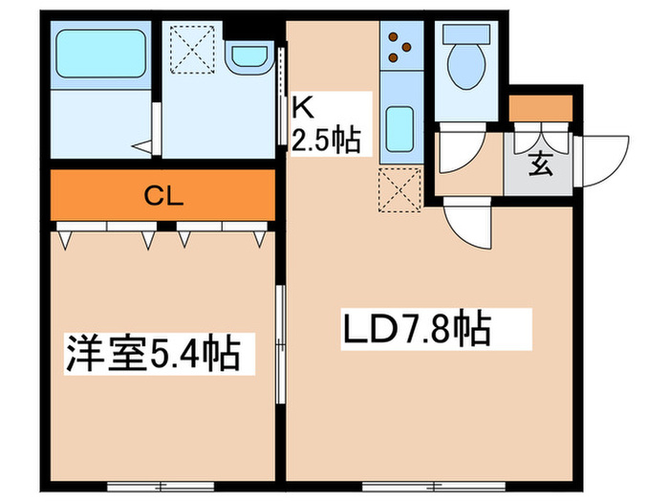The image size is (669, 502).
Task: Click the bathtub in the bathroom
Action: click(x=101, y=54)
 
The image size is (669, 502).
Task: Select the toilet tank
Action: click(x=466, y=33)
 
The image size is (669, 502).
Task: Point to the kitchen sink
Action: click(x=399, y=129)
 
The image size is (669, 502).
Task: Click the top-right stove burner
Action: click(x=406, y=46)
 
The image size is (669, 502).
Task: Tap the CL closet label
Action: click(x=163, y=196)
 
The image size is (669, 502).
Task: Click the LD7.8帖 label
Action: click(x=417, y=330)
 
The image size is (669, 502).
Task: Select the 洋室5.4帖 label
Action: click(x=152, y=354)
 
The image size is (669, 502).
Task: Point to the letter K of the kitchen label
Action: click(x=303, y=108)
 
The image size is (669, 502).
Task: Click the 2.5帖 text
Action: click(x=326, y=140)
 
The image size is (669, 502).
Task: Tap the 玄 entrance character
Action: click(x=541, y=164)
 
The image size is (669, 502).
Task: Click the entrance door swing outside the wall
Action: click(x=601, y=162)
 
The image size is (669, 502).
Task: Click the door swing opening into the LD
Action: click(x=468, y=223)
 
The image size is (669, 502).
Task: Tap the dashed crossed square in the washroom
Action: click(x=192, y=50)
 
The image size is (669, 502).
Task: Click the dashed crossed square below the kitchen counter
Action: click(x=399, y=190)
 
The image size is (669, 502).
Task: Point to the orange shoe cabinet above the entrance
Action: click(x=541, y=108)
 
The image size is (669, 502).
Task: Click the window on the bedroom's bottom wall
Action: click(x=161, y=486)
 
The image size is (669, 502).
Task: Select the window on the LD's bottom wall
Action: click(x=434, y=486)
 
